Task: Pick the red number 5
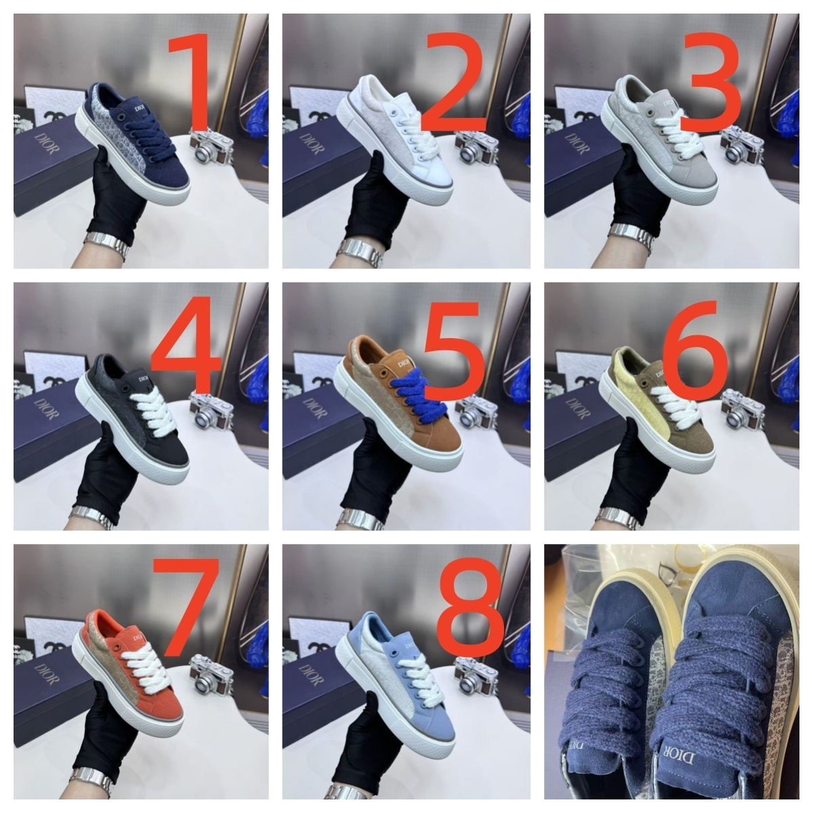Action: [x=453, y=347]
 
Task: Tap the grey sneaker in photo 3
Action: [x=667, y=146]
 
